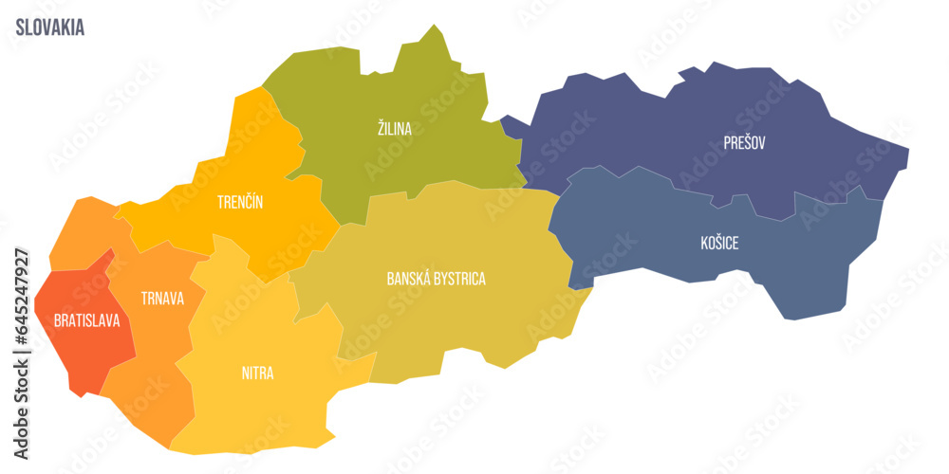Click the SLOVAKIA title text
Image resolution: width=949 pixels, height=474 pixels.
(x=49, y=27)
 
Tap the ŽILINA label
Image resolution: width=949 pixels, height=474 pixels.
(x=394, y=129)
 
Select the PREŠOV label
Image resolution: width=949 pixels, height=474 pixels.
(x=744, y=143)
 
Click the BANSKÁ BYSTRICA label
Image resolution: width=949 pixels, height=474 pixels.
(x=436, y=279)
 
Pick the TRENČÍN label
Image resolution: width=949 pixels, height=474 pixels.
(x=239, y=202)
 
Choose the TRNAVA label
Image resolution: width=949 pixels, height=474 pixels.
(x=162, y=298)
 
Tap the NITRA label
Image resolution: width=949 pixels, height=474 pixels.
(x=256, y=373)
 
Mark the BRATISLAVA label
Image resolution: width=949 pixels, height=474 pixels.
(x=86, y=321)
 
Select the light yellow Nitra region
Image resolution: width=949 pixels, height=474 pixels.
(x=266, y=417)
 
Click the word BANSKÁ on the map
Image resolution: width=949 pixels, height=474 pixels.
(x=406, y=279)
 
